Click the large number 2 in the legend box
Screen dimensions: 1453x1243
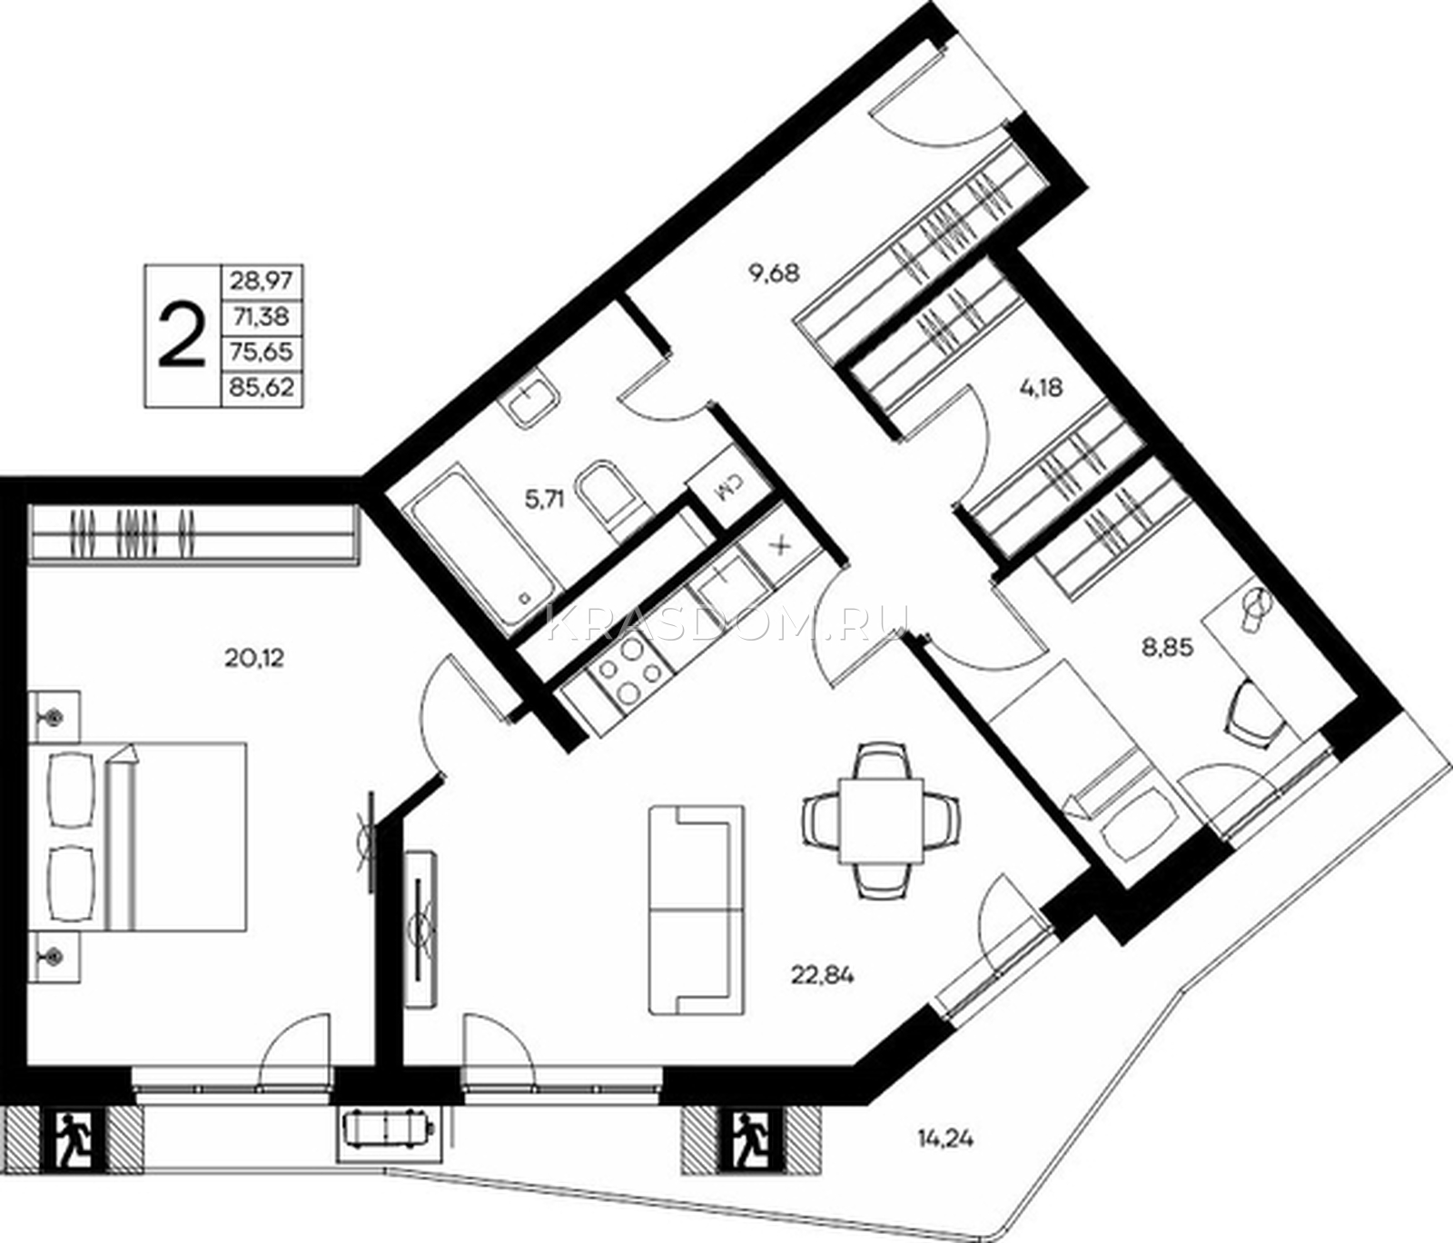(182, 334)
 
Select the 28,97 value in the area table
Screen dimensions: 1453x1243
(262, 281)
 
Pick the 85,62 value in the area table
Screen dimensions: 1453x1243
(262, 388)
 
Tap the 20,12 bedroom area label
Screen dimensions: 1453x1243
(253, 657)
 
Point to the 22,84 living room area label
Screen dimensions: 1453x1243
(823, 976)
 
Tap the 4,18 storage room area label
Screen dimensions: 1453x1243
(1039, 388)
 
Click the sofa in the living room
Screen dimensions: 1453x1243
(697, 910)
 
